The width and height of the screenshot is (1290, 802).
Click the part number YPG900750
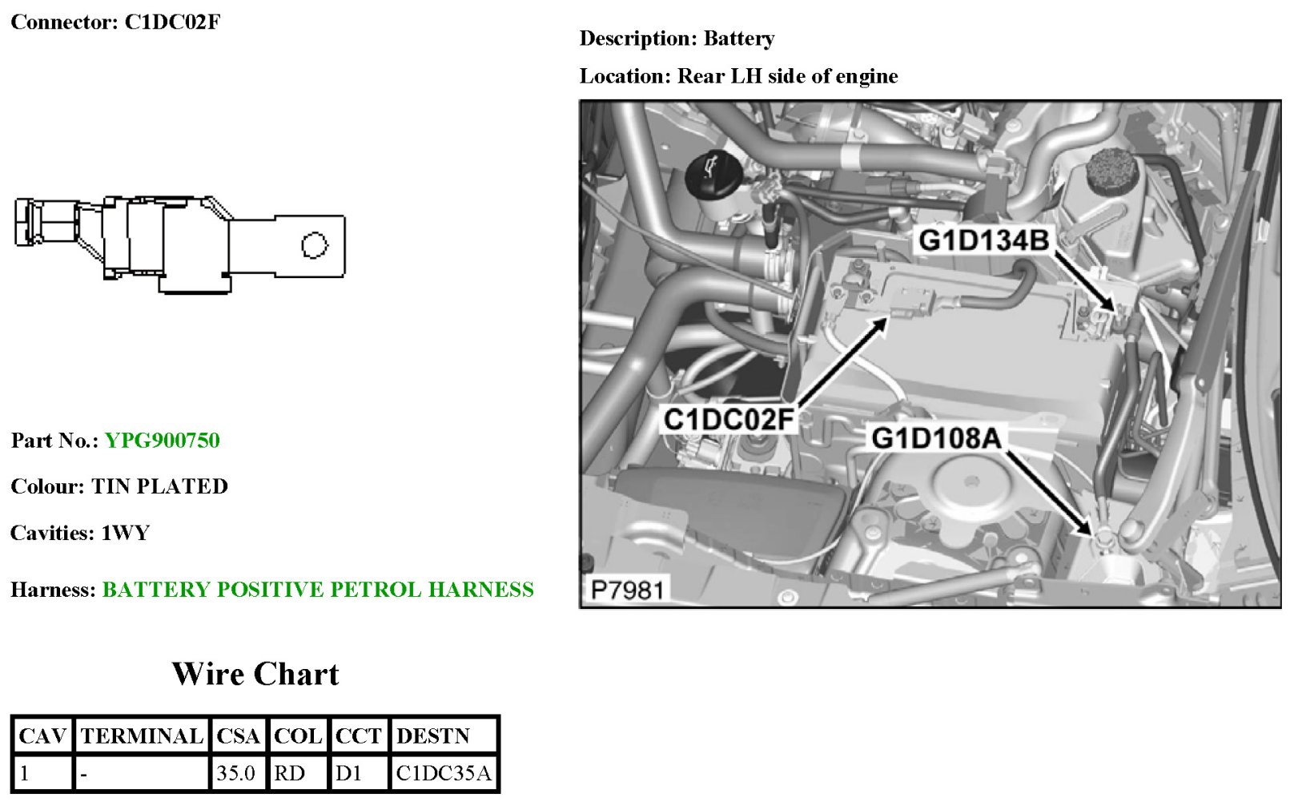click(x=162, y=441)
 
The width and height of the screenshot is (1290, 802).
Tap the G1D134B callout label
click(x=983, y=240)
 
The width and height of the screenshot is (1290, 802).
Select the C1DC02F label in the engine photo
click(x=728, y=419)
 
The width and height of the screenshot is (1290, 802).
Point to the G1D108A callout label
click(x=936, y=438)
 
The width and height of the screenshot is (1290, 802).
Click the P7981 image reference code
click(x=628, y=590)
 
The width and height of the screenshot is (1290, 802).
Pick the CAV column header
click(x=42, y=736)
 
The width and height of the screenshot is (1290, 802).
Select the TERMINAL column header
click(x=142, y=736)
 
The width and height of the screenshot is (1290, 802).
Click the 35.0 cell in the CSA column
click(x=236, y=773)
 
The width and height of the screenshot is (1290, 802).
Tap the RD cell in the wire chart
click(x=289, y=773)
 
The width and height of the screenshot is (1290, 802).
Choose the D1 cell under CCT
click(x=348, y=773)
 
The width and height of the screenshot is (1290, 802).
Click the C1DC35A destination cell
click(x=443, y=773)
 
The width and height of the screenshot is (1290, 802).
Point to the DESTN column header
click(x=433, y=736)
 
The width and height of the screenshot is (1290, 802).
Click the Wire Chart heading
click(x=255, y=674)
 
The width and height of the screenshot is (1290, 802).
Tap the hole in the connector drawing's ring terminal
click(x=315, y=245)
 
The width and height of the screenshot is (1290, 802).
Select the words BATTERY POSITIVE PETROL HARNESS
click(x=318, y=590)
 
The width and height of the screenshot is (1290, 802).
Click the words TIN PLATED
click(x=159, y=486)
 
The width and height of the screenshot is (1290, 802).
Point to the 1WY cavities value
click(x=125, y=533)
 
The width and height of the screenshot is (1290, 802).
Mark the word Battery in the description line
click(x=738, y=38)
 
